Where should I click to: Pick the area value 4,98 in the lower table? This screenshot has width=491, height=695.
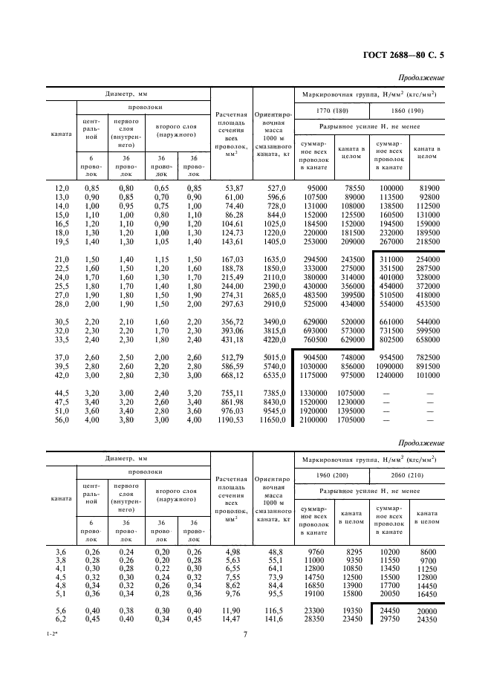click(235, 552)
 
